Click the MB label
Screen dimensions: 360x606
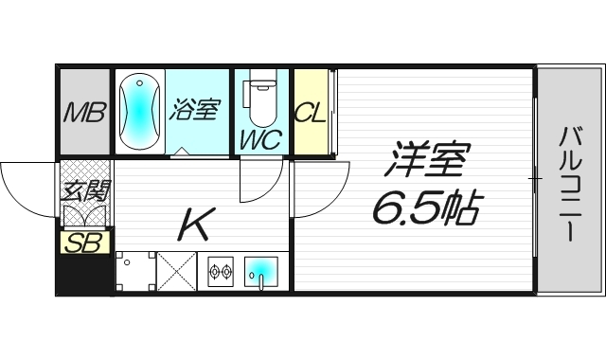point(83,114)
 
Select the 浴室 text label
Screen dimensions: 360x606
point(194,110)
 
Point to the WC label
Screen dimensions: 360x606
point(258,140)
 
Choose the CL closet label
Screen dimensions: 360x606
point(310,114)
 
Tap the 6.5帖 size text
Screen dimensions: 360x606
point(426,205)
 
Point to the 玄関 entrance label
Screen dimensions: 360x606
point(82,192)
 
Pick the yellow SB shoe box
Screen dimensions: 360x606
point(82,243)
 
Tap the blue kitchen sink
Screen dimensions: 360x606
point(260,273)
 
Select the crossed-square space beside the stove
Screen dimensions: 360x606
point(176,272)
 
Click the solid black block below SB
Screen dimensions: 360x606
point(83,274)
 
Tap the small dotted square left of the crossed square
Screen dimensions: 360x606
point(134,272)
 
